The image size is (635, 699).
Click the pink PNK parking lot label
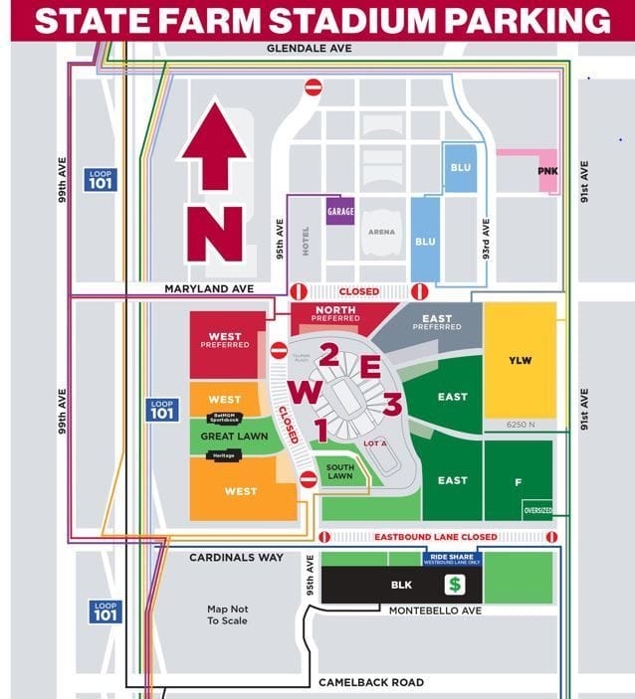pyautogui.click(x=547, y=170)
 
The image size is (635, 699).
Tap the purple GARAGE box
pyautogui.click(x=340, y=211)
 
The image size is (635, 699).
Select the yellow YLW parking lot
pyautogui.click(x=520, y=360)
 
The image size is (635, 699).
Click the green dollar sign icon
pyautogui.click(x=455, y=585)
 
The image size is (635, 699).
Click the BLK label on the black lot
pyautogui.click(x=400, y=586)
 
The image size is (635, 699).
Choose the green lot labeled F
pyautogui.click(x=518, y=481)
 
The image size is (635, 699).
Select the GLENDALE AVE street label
pyautogui.click(x=310, y=48)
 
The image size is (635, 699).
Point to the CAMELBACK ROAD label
pyautogui.click(x=370, y=682)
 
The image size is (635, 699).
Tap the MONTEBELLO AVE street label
pyautogui.click(x=435, y=611)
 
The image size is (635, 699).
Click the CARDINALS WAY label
pyautogui.click(x=237, y=558)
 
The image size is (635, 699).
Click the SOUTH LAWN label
pyautogui.click(x=340, y=473)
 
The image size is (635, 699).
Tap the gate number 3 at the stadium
pyautogui.click(x=391, y=405)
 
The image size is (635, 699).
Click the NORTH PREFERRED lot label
pyautogui.click(x=328, y=314)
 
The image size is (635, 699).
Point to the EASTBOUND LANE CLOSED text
pyautogui.click(x=435, y=537)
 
